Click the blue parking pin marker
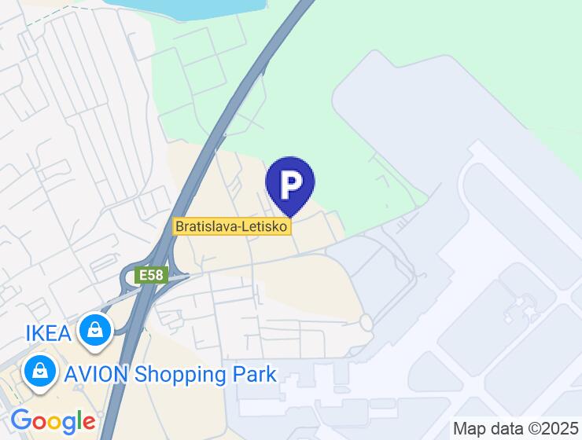tap(290, 184)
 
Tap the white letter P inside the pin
tap(291, 182)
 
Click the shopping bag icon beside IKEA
tap(95, 331)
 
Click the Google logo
tap(53, 421)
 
